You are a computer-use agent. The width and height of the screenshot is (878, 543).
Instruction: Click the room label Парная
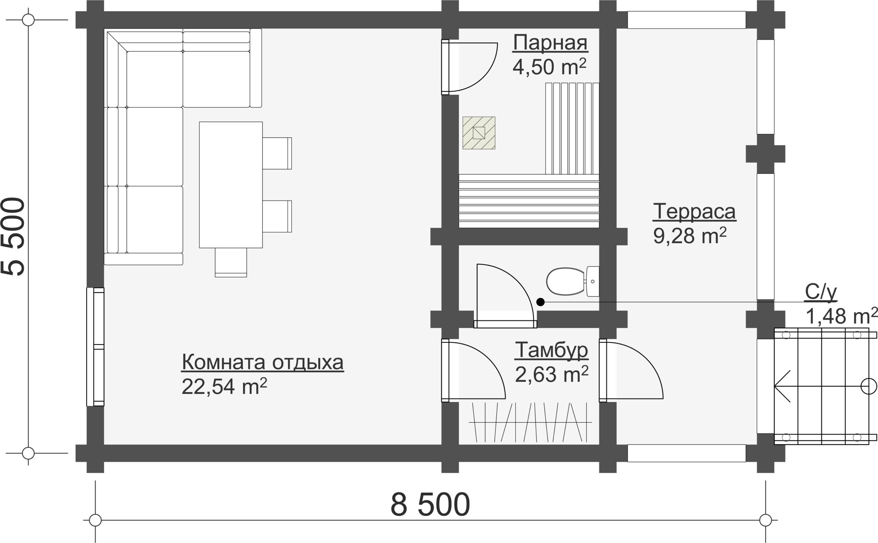[550, 42]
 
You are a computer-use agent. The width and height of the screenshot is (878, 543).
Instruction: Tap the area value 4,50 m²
[549, 66]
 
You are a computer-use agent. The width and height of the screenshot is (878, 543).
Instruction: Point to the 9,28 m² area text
[690, 236]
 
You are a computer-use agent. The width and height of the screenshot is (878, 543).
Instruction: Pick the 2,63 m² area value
[552, 374]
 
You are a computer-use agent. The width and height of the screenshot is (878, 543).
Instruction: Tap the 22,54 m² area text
[224, 387]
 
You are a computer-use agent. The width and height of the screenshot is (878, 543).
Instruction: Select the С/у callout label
[821, 292]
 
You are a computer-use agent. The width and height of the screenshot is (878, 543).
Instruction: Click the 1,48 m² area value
[841, 316]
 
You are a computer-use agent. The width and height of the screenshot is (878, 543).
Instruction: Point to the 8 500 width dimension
[430, 505]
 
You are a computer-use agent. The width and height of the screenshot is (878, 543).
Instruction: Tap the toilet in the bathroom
[572, 281]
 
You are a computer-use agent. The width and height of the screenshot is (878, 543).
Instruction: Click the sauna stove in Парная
[479, 133]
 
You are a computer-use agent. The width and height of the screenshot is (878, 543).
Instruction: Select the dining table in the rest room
[231, 185]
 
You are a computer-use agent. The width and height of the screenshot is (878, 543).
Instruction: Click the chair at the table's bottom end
[231, 262]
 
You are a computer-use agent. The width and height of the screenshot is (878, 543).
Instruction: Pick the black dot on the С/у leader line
[541, 302]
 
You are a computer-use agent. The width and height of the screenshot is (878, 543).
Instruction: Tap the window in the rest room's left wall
[95, 347]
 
